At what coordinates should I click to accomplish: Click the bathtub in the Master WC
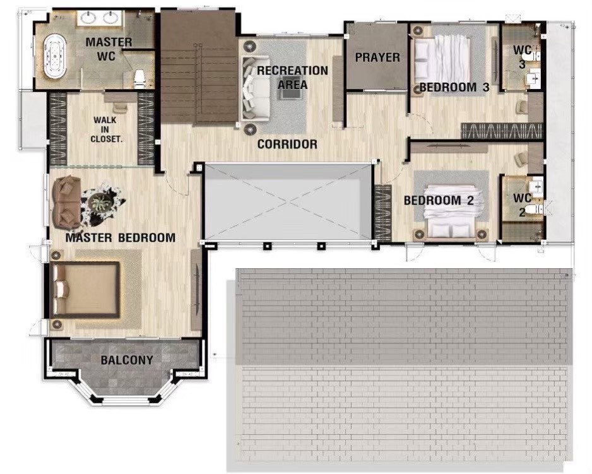(55, 57)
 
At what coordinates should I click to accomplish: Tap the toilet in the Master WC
(139, 78)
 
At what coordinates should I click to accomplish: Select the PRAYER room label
(377, 57)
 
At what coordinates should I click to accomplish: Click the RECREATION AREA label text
(292, 77)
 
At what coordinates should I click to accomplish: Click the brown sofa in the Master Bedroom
(67, 202)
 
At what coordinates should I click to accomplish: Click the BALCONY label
(127, 360)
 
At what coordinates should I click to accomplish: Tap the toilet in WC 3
(536, 57)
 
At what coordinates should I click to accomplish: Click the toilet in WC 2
(536, 209)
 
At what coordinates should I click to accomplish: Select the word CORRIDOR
(287, 144)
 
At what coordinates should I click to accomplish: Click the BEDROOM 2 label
(439, 200)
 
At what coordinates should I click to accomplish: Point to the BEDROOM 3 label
(454, 87)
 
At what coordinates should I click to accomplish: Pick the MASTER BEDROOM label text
(121, 237)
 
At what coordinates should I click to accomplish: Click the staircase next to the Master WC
(199, 66)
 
